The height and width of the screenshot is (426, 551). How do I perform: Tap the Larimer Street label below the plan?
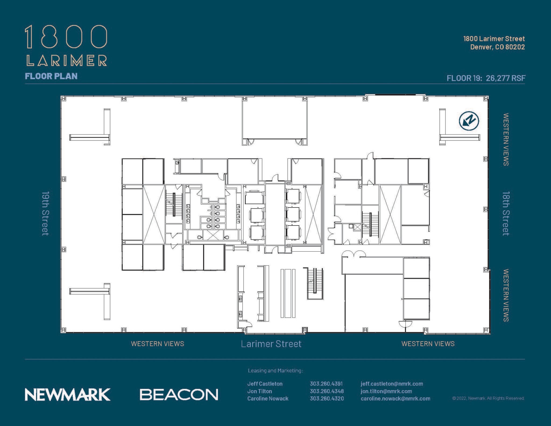[271, 344]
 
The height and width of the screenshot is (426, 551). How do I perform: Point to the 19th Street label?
[45, 213]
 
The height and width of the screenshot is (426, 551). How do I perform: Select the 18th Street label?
[506, 213]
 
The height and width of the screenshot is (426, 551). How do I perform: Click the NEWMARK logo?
[68, 395]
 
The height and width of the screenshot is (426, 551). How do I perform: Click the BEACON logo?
[179, 395]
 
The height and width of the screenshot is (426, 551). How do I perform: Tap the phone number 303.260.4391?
[326, 384]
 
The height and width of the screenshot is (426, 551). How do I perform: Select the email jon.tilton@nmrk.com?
[386, 391]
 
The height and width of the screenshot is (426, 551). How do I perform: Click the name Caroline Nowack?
[268, 399]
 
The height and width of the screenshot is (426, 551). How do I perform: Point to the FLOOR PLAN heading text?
[51, 76]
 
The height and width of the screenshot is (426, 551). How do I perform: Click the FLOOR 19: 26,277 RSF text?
[486, 78]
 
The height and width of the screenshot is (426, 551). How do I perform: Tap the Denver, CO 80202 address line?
[497, 47]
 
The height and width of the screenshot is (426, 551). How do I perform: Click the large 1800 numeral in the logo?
[66, 37]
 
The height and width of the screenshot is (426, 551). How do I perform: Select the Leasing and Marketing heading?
[275, 371]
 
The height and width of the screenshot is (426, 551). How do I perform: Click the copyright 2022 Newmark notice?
[488, 398]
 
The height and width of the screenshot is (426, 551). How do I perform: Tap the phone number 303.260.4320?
[327, 399]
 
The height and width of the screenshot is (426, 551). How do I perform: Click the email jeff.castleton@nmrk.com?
[392, 384]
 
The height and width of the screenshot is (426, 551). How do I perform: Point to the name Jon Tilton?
[260, 391]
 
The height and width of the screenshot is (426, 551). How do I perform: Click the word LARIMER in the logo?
[66, 60]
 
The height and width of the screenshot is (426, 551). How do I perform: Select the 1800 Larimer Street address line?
[494, 39]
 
